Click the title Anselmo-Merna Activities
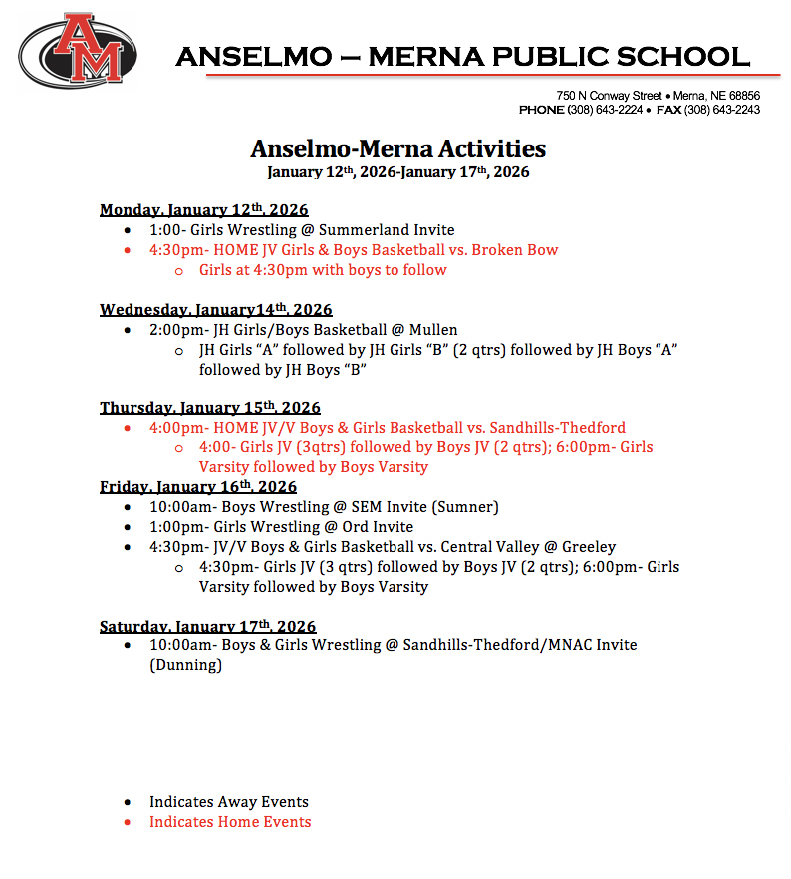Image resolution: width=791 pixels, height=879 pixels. pos(397,149)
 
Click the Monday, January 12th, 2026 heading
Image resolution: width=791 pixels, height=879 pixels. pos(203,210)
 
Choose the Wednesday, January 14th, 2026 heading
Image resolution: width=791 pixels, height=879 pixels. pos(215,309)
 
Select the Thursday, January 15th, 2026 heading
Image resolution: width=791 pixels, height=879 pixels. pos(209,408)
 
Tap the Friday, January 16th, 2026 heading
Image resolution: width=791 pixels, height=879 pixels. pos(197,486)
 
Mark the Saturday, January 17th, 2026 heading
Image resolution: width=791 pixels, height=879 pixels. pos(207,626)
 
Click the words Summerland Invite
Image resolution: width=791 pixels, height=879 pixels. pos(387,230)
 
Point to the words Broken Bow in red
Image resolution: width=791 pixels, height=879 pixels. pos(515,250)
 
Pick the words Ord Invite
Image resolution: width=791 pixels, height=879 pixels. pos(383,526)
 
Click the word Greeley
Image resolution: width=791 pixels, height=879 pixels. pos(582,546)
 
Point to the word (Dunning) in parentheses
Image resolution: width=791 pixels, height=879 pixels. pos(185,665)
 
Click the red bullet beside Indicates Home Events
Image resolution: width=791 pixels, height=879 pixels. pos(127,823)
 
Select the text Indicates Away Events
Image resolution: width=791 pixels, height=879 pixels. pos(229,802)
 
